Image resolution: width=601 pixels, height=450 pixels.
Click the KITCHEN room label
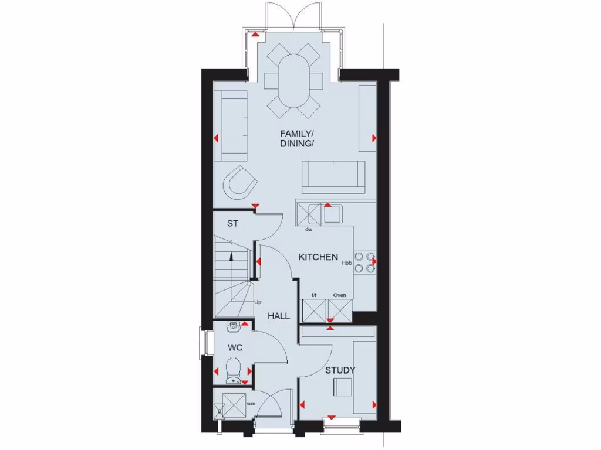tap(318, 257)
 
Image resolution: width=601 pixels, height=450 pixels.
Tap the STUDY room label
tap(340, 370)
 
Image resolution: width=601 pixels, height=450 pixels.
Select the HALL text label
tap(279, 316)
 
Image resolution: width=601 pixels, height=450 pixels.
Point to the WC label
tap(235, 347)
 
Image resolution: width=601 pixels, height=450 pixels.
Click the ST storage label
tap(233, 223)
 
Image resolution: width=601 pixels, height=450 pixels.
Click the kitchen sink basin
tap(332, 214)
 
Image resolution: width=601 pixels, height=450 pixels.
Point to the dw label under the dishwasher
tap(308, 230)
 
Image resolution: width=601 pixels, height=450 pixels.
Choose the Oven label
tap(339, 295)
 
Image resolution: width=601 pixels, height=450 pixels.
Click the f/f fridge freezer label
tap(314, 295)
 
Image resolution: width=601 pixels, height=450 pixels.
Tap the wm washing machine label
tap(251, 403)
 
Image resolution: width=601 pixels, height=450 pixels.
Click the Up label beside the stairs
tap(257, 302)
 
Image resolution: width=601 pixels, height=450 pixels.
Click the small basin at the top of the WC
tap(233, 326)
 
